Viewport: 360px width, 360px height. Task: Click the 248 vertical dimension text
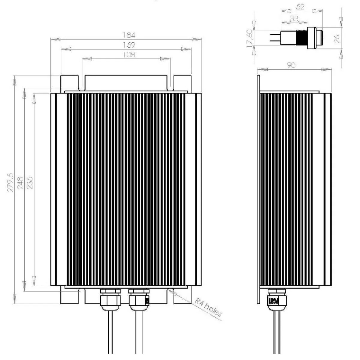click(20, 182)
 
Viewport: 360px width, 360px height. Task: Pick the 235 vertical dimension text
click(30, 182)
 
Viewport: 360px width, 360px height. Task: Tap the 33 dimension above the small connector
click(294, 18)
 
